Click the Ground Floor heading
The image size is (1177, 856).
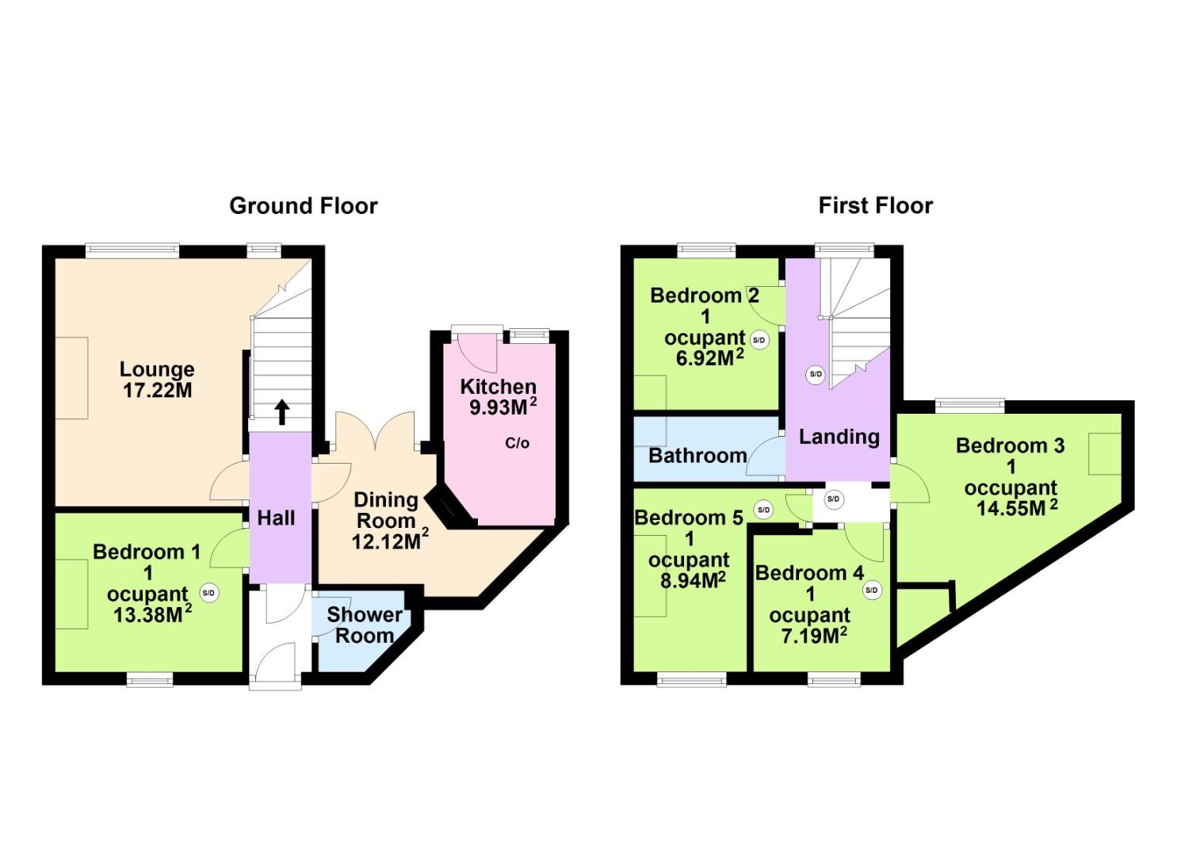pos(303,206)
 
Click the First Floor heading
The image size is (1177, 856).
pos(875,206)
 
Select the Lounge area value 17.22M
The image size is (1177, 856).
pos(157,391)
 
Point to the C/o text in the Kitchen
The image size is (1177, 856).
pos(517,443)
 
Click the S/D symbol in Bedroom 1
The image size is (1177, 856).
pos(208,592)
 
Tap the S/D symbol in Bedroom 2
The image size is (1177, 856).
pos(759,340)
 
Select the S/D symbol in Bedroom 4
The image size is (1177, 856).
pos(872,590)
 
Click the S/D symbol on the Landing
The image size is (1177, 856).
pos(815,374)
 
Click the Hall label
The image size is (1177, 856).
pos(276,518)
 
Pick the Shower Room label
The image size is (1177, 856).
pos(364,625)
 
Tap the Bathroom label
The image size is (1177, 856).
pos(697,456)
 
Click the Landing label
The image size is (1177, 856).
pos(839,437)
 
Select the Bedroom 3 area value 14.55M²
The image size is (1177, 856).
pos(1016,508)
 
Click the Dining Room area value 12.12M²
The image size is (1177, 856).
pos(390,542)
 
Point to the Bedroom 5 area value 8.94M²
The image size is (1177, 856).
pos(693,580)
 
